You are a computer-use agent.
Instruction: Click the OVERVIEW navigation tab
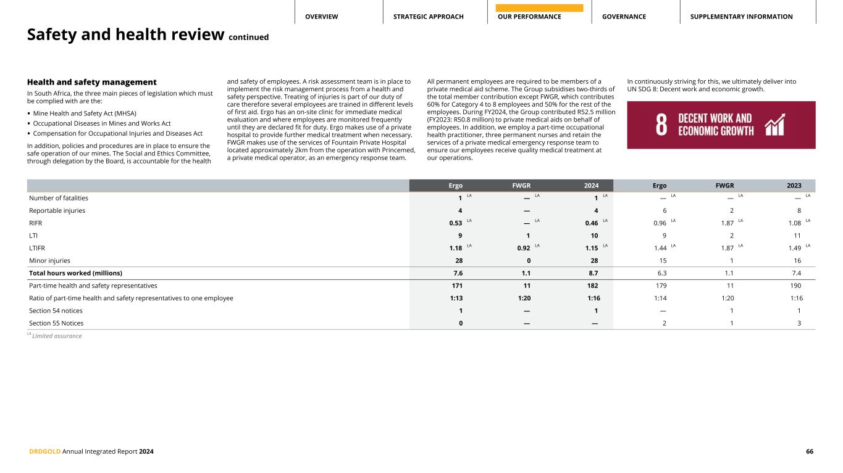pos(321,17)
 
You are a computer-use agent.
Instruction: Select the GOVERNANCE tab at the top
pos(624,17)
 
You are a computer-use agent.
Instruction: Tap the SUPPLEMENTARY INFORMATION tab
pos(741,17)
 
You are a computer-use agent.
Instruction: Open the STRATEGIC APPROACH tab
pos(428,17)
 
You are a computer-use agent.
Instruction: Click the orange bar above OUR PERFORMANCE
pos(539,8)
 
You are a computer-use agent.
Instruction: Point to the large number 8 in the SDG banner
pos(661,125)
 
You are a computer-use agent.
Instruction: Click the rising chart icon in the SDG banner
pos(774,125)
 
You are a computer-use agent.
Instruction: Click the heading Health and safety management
pos(91,82)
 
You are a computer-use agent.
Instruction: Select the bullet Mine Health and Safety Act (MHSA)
pos(85,113)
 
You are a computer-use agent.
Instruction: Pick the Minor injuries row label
pos(49,261)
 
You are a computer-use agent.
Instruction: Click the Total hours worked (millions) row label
pos(75,273)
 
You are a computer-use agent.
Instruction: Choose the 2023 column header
pos(794,186)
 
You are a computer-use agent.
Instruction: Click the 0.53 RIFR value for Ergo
pos(456,223)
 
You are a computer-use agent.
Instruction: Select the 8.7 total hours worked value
pos(592,273)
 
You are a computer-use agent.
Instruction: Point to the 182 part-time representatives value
pos(591,286)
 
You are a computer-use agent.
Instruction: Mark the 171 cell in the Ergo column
pos(455,286)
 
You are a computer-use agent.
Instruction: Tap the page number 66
pos(809,451)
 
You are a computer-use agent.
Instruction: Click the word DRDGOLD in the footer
pos(44,451)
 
